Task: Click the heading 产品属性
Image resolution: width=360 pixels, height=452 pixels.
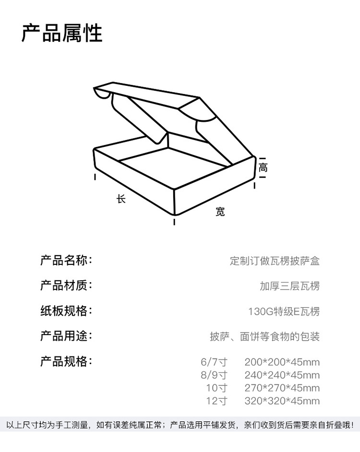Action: point(62,33)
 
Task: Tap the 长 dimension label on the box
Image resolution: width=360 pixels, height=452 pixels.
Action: point(121,199)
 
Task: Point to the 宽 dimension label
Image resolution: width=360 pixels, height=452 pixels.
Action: point(220,212)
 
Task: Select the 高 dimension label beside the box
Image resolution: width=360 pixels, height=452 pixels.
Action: point(263,168)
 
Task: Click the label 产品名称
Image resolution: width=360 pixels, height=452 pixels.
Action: point(65,261)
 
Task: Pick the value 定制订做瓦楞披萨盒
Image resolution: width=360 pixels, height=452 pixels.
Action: point(275,262)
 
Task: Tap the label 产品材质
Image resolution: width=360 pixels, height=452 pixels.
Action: point(65,286)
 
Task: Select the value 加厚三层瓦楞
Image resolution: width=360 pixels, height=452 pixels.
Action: point(289,286)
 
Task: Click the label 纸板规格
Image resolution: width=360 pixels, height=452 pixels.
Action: point(65,311)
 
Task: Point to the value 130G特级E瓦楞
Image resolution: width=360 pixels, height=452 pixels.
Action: point(284,312)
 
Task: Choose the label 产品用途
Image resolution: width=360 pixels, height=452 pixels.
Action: point(65,336)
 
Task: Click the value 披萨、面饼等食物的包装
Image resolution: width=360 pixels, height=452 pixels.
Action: point(264,337)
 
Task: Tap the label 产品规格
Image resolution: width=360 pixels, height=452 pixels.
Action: point(65,361)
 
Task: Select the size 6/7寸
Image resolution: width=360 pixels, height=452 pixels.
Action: point(214,362)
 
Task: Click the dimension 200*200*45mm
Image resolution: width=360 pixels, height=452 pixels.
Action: point(282,362)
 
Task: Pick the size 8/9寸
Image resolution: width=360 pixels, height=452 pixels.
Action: point(214,375)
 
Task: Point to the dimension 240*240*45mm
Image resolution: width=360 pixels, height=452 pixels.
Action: point(282,375)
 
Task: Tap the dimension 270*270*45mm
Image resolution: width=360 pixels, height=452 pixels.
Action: point(282,388)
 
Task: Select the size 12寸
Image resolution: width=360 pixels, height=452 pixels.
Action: point(216,401)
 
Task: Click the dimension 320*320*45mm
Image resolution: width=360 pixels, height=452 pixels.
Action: point(282,401)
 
